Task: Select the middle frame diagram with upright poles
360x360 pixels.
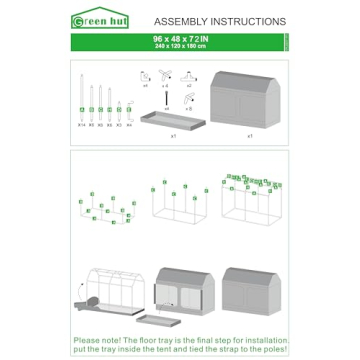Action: (180, 200)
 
